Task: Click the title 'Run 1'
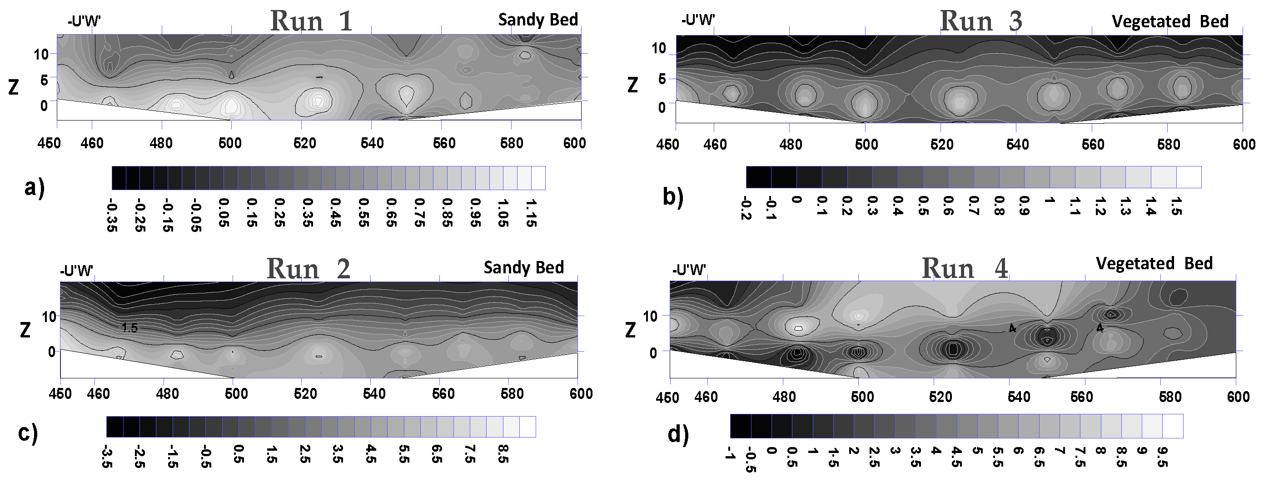[x=311, y=21]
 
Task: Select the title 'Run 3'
[x=980, y=21]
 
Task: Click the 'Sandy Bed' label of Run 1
[x=538, y=20]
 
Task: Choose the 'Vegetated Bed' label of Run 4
[x=1154, y=264]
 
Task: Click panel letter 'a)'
[x=35, y=187]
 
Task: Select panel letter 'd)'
[x=678, y=434]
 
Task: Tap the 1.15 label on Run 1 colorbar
[x=531, y=212]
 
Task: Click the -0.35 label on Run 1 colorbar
[x=112, y=215]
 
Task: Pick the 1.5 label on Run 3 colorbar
[x=1176, y=206]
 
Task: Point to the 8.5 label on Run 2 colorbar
[x=503, y=454]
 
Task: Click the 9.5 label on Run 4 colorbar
[x=1162, y=457]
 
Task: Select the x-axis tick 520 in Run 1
[x=304, y=143]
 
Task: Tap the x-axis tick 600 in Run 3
[x=1244, y=144]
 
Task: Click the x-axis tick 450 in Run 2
[x=60, y=394]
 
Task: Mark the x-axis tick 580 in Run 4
[x=1170, y=397]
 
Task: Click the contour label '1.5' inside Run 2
[x=129, y=327]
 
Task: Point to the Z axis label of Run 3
[x=632, y=85]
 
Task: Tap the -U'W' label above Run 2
[x=76, y=271]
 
